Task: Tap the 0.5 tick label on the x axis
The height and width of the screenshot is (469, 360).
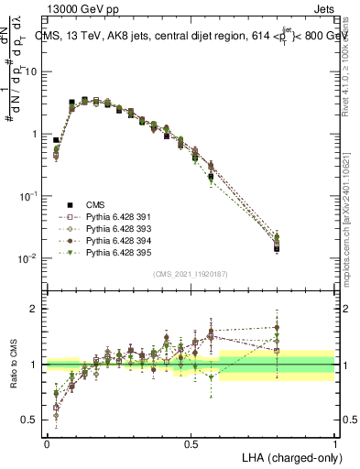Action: point(191,443)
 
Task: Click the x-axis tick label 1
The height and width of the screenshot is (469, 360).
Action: point(335,443)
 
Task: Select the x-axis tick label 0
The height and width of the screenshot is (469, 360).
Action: point(47,443)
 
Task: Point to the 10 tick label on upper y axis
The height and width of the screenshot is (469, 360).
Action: point(30,71)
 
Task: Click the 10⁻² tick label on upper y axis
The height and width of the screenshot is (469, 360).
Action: point(27,258)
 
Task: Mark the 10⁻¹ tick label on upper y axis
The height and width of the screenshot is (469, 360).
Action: point(27,196)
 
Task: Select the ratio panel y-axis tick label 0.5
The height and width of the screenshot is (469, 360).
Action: point(29,420)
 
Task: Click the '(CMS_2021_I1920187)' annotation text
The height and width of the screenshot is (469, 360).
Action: point(190,274)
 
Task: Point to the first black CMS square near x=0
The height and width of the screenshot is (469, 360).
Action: point(57,141)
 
